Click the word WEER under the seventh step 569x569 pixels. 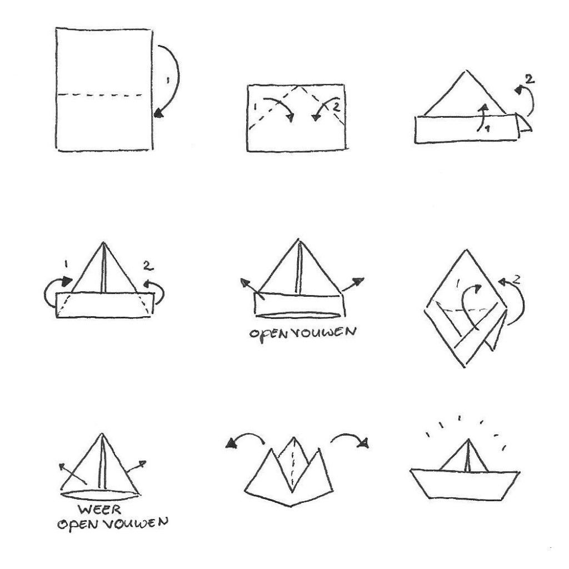[x=100, y=510]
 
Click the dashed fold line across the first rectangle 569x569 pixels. [x=100, y=95]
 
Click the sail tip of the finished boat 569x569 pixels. [x=468, y=439]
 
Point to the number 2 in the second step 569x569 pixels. [x=337, y=107]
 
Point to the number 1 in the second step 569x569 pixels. [x=256, y=107]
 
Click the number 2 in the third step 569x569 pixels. [x=530, y=79]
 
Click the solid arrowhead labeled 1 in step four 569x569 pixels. [x=67, y=281]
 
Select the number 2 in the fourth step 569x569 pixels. [x=148, y=266]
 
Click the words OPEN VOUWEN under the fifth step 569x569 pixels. [x=303, y=332]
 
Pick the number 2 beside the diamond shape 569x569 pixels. [x=517, y=279]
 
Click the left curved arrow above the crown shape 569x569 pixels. [x=245, y=438]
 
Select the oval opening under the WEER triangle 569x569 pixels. [x=99, y=495]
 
